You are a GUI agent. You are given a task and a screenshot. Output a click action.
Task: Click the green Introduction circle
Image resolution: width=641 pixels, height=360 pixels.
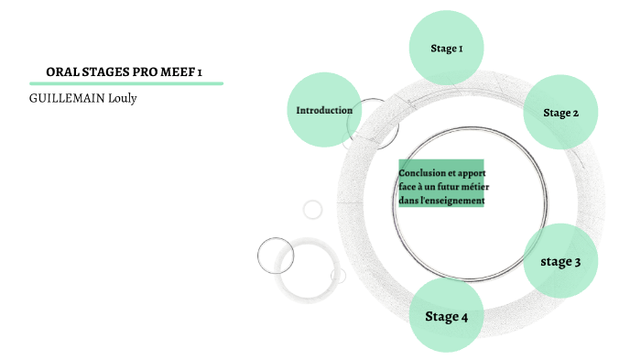[x=324, y=110]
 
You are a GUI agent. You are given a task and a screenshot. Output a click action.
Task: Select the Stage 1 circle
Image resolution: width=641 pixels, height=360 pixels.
[x=446, y=48]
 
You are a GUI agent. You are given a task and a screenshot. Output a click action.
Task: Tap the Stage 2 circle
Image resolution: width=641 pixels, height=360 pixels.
[x=560, y=113]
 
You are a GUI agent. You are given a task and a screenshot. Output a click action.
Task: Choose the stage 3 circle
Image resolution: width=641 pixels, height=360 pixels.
[x=560, y=261]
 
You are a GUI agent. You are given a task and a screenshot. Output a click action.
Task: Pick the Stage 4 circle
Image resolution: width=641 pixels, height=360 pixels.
[x=446, y=316]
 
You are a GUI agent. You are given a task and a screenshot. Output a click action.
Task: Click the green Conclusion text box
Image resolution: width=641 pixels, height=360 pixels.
[x=440, y=185]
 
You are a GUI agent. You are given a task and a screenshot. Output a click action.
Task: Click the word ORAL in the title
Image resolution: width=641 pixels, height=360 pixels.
[x=61, y=71]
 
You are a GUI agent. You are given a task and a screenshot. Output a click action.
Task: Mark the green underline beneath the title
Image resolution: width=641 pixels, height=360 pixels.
[x=126, y=83]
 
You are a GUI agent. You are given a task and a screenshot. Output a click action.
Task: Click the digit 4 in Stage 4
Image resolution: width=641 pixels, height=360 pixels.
[x=464, y=317]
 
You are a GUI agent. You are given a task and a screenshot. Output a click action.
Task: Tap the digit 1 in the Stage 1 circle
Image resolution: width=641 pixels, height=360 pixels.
[x=460, y=48]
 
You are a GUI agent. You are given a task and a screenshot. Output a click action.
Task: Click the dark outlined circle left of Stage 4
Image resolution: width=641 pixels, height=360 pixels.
[x=275, y=256]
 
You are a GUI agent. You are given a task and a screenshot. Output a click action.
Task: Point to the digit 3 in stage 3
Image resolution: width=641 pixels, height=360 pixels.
[x=577, y=262]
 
